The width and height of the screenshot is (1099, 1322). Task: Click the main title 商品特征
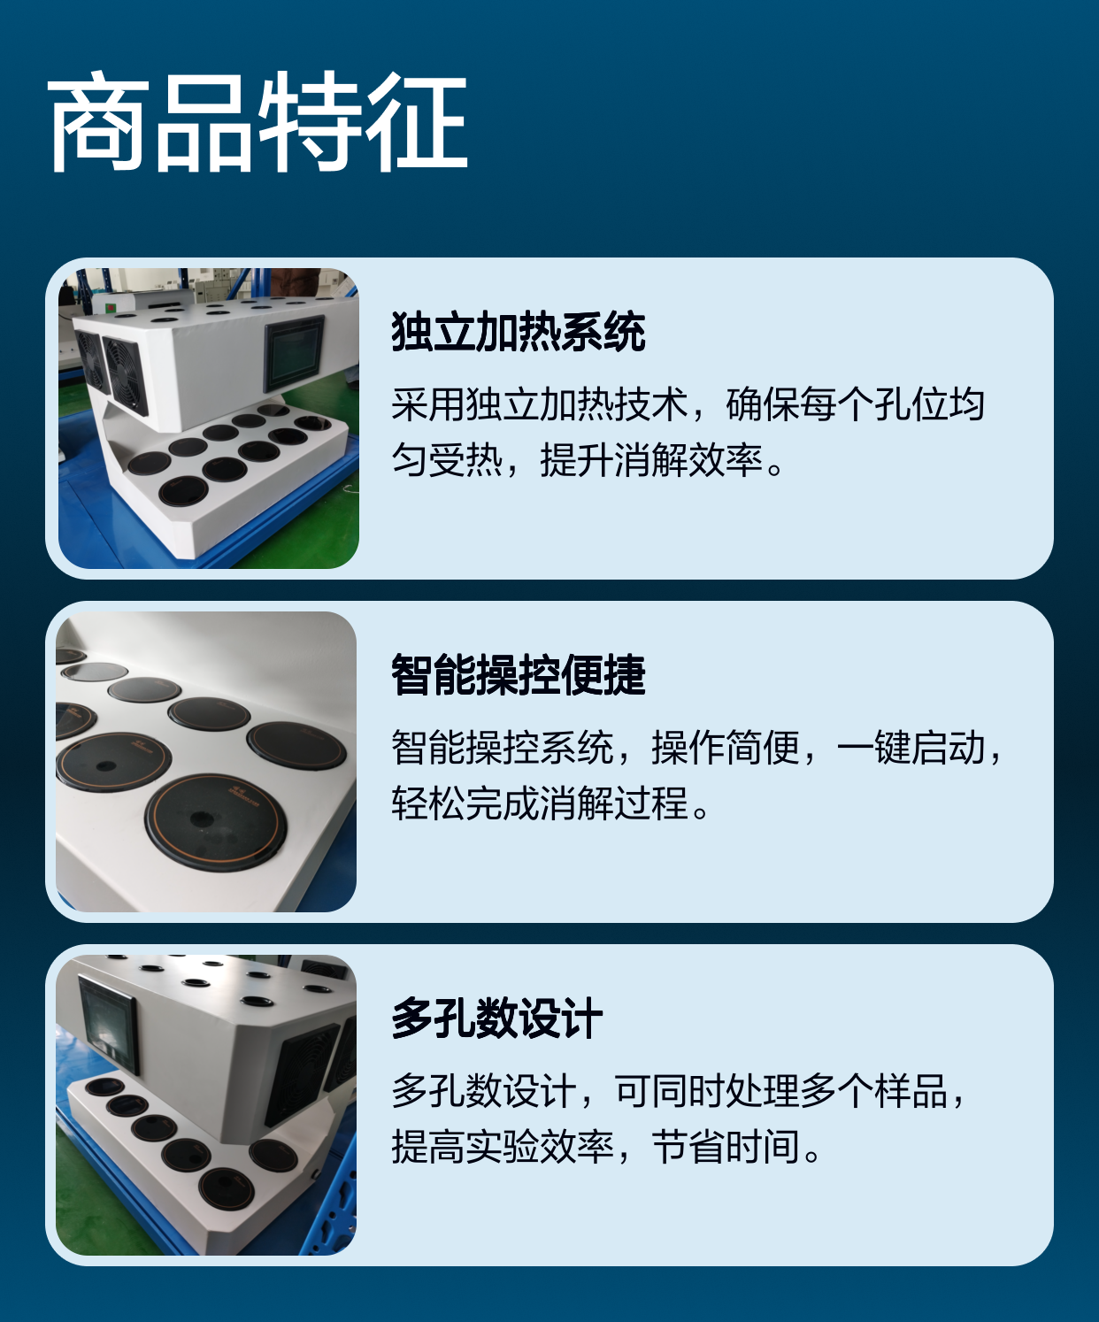[x=257, y=121]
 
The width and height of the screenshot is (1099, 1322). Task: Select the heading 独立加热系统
[x=519, y=331]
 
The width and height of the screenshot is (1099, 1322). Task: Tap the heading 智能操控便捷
[x=519, y=675]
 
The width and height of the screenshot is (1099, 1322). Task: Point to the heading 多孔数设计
[x=497, y=1018]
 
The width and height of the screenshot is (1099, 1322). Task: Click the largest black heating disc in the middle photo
[x=215, y=822]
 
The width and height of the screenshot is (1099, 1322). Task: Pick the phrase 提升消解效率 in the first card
[x=651, y=459]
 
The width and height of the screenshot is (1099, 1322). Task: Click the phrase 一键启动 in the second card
[x=911, y=748]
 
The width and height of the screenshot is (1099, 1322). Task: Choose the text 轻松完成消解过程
[x=540, y=803]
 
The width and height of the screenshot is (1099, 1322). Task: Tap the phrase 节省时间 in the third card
[x=726, y=1148]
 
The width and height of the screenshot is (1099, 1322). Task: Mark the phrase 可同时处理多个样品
[x=781, y=1092]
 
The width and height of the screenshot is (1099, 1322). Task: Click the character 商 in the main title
[x=99, y=121]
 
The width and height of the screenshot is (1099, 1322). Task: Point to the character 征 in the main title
[x=415, y=121]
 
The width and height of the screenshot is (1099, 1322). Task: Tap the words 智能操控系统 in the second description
[x=503, y=748]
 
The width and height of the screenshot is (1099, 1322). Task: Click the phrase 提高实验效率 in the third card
[x=503, y=1148]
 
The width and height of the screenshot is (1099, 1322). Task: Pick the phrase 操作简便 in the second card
[x=726, y=748]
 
